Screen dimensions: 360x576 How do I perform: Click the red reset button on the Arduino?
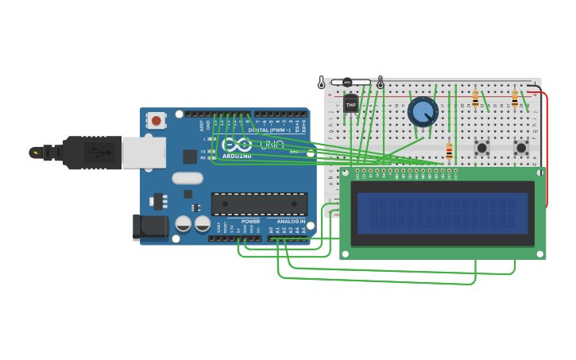[x=157, y=121]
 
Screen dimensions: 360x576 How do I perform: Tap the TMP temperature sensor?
[x=350, y=105]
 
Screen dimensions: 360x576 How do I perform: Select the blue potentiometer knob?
[x=423, y=112]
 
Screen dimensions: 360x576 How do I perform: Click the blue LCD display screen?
[x=443, y=213]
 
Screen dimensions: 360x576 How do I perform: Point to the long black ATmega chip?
[x=258, y=204]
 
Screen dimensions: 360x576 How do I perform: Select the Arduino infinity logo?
[x=236, y=145]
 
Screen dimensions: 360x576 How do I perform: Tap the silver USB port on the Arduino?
[x=143, y=153]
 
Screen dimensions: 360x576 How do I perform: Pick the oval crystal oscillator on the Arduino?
[x=187, y=178]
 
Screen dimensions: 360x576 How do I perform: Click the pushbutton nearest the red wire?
[x=521, y=148]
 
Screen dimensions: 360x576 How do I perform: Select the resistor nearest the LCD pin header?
[x=449, y=150]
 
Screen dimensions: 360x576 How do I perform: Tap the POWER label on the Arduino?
[x=250, y=222]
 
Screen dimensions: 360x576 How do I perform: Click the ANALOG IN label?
[x=290, y=222]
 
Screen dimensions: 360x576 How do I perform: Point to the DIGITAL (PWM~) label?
[x=269, y=130]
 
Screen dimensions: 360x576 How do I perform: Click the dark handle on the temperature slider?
[x=346, y=82]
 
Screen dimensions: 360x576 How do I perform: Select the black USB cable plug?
[x=92, y=153]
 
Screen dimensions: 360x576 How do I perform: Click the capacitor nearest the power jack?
[x=184, y=224]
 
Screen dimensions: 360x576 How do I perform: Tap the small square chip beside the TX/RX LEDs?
[x=190, y=157]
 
